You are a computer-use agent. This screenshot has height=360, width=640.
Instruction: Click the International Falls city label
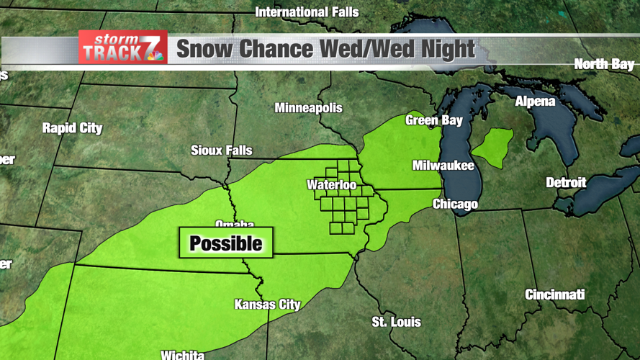tap(307, 12)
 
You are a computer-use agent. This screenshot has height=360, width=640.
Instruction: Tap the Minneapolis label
tap(308, 108)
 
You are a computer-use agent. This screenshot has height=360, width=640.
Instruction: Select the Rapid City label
tap(72, 128)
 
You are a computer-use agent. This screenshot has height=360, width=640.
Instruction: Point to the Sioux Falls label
tap(221, 150)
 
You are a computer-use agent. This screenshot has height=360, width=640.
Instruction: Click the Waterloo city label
tap(331, 185)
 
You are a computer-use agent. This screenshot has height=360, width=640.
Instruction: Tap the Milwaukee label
tap(443, 166)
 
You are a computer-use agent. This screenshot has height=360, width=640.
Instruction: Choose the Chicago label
tap(455, 204)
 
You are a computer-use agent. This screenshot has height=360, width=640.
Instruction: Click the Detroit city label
tap(566, 183)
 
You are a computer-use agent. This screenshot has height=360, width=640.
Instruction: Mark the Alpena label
tap(535, 102)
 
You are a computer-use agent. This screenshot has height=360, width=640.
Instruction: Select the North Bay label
tap(604, 65)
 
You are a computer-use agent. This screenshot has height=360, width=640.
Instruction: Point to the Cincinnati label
tap(554, 294)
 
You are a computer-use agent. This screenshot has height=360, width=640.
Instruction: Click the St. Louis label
tap(396, 322)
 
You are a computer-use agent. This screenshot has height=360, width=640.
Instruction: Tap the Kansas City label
tap(267, 305)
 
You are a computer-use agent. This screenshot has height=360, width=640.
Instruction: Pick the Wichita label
tap(182, 354)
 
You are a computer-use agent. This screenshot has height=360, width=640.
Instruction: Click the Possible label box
tap(226, 243)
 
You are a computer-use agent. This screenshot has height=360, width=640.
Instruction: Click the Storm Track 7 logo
tap(123, 48)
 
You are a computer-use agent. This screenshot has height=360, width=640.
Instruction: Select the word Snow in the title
tap(204, 49)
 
